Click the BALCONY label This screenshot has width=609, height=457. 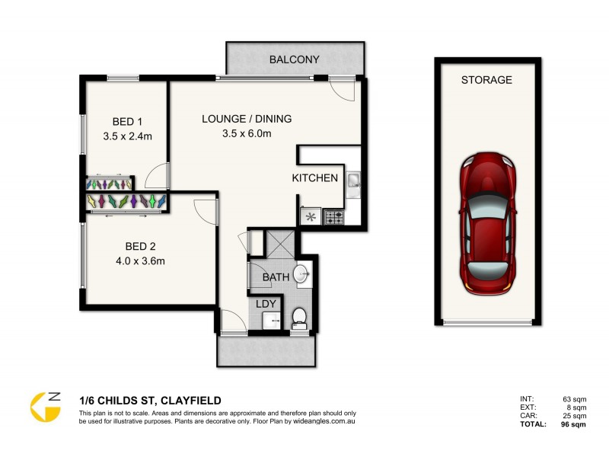pos(295,59)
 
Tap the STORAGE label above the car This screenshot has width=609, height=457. pos(486,79)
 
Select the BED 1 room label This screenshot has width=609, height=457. pos(127,122)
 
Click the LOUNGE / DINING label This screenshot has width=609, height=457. pos(247,119)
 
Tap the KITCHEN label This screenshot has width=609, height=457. pos(314,178)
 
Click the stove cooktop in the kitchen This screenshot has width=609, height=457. pos(334,217)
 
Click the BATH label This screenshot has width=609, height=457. pos(276,277)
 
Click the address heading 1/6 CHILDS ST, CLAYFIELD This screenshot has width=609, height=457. pos(151,400)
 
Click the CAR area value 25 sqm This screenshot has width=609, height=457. pos(575,416)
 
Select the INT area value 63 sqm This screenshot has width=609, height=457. pos(575,398)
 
